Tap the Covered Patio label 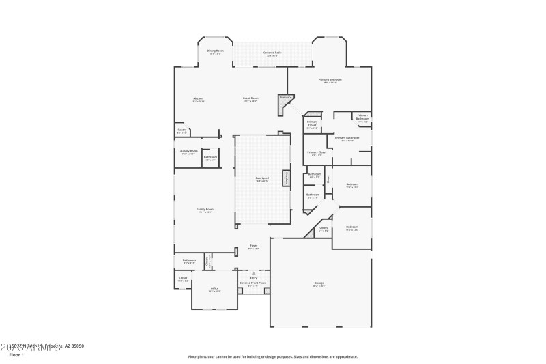pos(273,53)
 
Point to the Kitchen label pos(198,100)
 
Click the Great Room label pos(250,99)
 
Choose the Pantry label pos(182,130)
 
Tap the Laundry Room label pos(188,152)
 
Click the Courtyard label pos(261,180)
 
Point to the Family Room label pos(205,210)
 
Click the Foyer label pos(253,247)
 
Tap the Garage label pos(319,285)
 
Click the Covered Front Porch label pos(253,283)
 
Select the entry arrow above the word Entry pos(253,272)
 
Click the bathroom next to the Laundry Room pos(210,158)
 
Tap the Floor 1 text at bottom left pos(16,355)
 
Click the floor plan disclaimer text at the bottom pos(272,356)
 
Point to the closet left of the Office pos(183,279)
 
